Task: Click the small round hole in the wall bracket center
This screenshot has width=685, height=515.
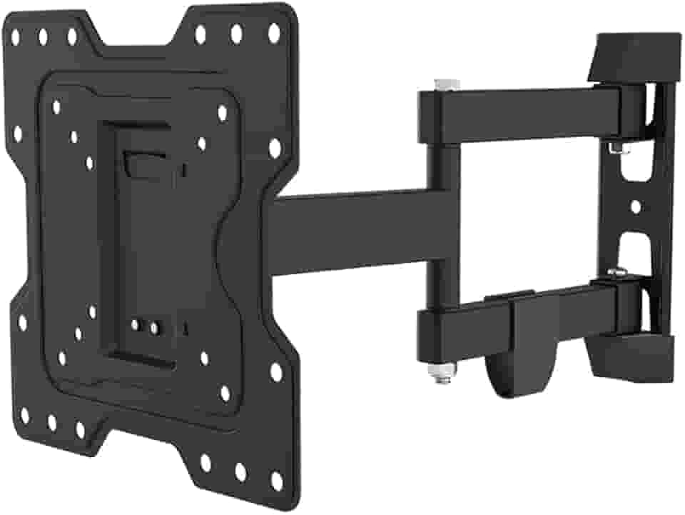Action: click(x=636, y=206)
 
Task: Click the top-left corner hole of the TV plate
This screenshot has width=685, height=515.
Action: click(x=15, y=33)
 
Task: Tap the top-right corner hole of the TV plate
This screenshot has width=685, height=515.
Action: click(x=273, y=31)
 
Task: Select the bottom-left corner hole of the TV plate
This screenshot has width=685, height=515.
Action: click(x=25, y=415)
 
